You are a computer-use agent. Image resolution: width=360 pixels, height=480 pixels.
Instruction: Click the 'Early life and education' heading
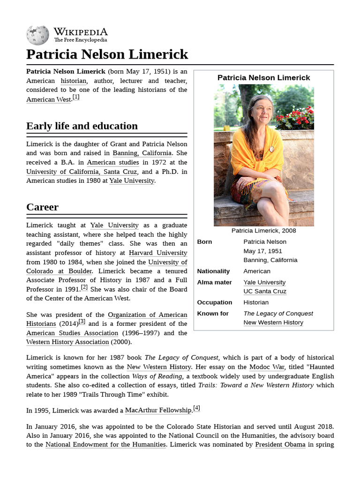coord(82,126)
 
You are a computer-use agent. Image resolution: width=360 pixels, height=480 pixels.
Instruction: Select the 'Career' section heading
coord(43,207)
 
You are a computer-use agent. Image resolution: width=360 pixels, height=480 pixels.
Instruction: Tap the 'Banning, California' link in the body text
coord(142,153)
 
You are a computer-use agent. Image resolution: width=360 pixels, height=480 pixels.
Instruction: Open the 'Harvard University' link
coord(158,253)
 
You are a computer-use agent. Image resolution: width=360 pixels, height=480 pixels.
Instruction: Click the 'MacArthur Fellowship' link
coord(159,411)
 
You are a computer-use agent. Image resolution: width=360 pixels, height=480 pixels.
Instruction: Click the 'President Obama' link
coord(280,445)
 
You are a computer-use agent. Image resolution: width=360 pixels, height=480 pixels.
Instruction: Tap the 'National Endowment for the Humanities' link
coord(106,445)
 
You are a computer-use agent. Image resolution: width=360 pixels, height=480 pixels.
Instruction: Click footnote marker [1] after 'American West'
coord(75,97)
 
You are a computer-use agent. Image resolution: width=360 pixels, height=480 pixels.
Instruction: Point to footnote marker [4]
coord(196,408)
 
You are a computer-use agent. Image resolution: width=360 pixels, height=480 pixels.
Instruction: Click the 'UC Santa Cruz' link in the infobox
coord(265,292)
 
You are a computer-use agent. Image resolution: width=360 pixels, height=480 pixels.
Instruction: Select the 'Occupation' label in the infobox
coord(214,303)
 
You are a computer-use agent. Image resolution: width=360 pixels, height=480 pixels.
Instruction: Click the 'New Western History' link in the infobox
coord(273,322)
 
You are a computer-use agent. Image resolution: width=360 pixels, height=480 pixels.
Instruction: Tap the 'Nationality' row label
coord(213,271)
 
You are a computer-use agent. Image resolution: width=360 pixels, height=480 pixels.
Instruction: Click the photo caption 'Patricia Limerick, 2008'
coord(263,231)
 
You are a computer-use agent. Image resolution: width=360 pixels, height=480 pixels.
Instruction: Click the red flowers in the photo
coord(295,118)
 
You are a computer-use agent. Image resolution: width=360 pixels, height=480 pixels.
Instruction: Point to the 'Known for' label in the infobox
coord(213,314)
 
